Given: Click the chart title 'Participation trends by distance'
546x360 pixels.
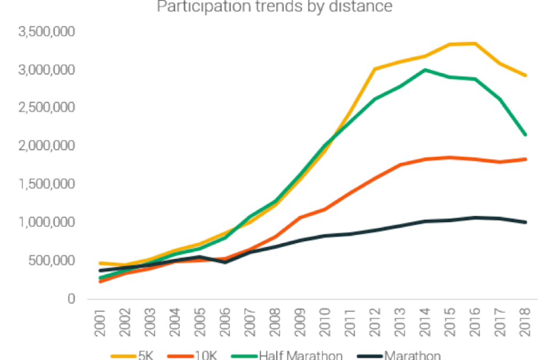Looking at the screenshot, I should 274,7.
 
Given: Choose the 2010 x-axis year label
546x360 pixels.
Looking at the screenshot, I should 325,325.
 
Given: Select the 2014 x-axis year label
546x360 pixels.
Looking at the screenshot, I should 424,325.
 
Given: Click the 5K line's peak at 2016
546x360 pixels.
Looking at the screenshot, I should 475,43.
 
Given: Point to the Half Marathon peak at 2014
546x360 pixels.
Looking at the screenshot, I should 425,69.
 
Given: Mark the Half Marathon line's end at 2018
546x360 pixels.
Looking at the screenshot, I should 525,135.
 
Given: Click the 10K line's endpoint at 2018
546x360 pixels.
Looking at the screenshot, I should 525,159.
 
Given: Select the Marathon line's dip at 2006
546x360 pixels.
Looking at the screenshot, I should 225,262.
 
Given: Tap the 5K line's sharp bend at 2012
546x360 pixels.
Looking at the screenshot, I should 375,69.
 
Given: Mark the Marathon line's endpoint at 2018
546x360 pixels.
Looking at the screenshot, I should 525,222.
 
